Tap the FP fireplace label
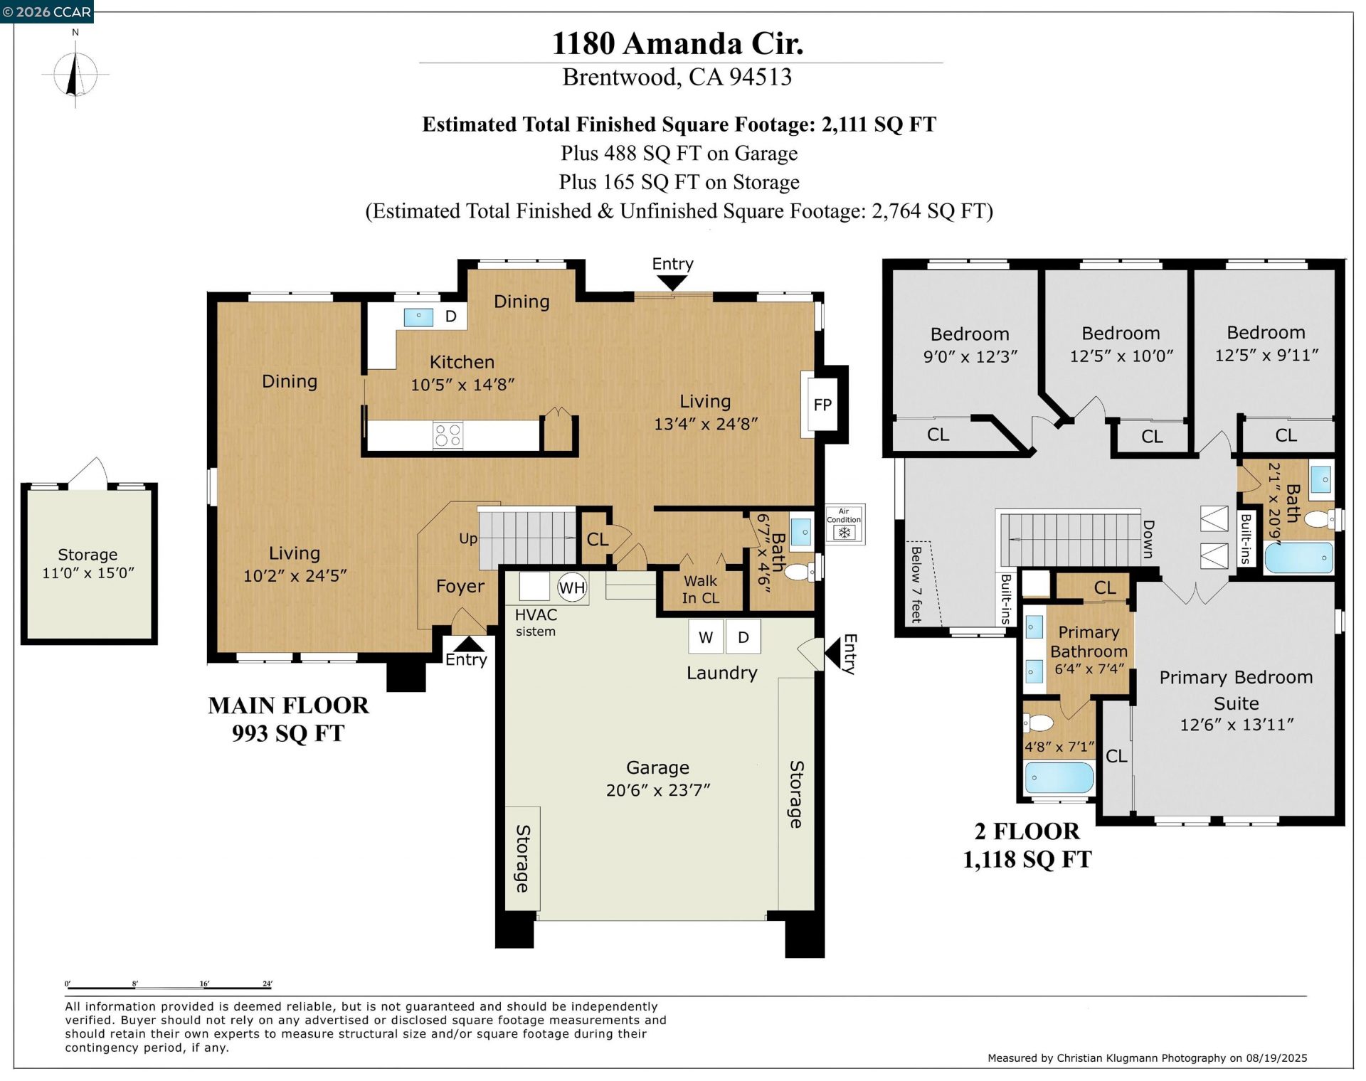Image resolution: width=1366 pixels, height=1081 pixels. point(822,405)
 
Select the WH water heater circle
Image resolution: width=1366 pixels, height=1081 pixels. point(572,587)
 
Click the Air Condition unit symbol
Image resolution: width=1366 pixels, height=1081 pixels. point(845,525)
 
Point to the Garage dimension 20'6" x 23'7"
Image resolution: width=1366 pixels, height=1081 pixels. point(658,790)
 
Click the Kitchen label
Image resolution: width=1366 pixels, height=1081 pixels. point(462,362)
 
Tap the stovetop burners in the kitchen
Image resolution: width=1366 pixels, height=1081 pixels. point(448,435)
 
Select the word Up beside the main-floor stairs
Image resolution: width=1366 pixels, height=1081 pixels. point(468,539)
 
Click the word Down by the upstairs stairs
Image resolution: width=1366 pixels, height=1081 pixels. point(1148,539)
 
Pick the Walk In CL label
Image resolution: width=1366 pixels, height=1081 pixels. point(701,590)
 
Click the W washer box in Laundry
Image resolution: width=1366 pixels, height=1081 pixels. point(706,637)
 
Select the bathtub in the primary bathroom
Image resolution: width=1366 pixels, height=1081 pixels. point(1059,777)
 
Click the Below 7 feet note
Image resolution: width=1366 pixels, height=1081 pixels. point(916,585)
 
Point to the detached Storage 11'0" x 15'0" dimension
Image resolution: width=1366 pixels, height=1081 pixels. point(88,573)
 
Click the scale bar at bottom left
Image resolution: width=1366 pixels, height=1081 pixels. point(169,987)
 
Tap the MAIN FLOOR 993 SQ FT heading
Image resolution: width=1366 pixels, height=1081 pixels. point(288,719)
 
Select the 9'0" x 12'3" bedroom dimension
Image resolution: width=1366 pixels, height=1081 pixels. point(970,356)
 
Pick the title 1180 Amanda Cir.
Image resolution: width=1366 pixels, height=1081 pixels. point(678,43)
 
